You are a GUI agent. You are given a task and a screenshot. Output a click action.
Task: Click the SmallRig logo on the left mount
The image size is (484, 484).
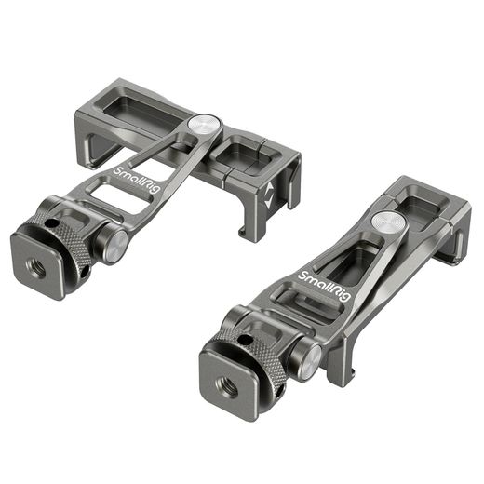tap(137, 181)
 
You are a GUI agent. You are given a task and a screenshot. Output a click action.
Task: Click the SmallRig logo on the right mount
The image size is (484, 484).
tap(324, 286)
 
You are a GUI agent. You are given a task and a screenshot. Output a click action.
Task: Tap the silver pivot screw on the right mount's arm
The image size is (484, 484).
tap(388, 222)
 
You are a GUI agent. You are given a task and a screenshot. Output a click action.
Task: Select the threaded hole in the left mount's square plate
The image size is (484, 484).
tap(36, 269)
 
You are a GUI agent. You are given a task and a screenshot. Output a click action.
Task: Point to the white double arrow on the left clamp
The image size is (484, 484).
tap(269, 195)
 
